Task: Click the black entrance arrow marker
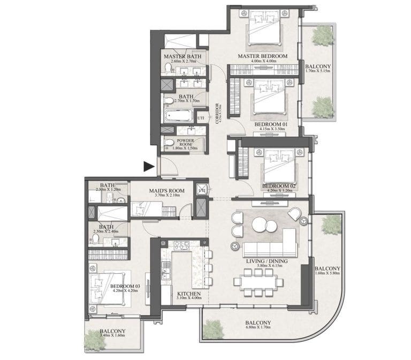[x=149, y=168]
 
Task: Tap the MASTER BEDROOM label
[x=263, y=56]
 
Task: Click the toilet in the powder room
[x=169, y=142]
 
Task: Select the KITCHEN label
[x=189, y=294]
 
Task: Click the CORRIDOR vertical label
[x=217, y=113]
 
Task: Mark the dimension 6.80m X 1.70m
[x=257, y=329]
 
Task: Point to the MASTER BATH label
[x=182, y=56]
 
